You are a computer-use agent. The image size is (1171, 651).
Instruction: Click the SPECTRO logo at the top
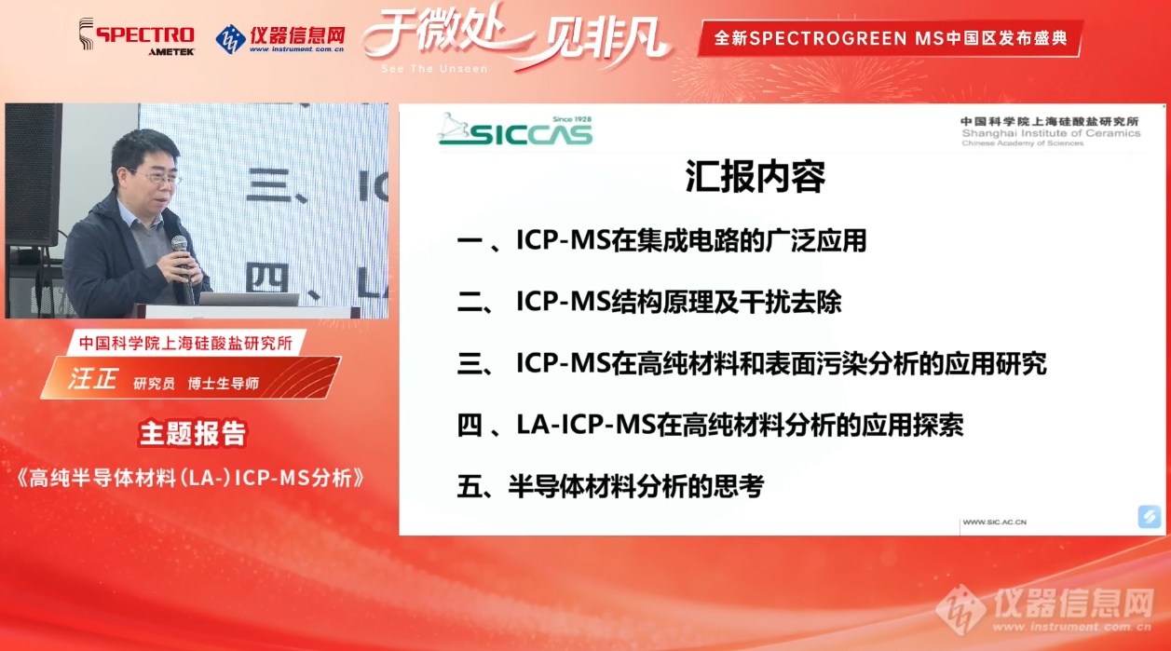pos(137,35)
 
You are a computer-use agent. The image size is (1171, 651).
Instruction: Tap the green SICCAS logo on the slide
pos(515,129)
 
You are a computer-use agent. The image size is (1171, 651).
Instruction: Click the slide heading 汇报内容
pos(755,177)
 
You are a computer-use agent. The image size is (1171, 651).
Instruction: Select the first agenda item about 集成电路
pos(661,241)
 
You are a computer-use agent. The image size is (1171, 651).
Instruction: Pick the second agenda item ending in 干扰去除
pos(649,302)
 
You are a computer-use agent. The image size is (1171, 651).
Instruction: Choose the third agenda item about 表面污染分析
pos(752,363)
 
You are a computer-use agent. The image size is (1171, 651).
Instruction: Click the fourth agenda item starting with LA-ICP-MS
pos(710,425)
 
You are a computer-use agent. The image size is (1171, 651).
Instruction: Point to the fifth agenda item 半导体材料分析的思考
pos(610,486)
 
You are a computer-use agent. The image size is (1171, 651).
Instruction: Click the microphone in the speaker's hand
pos(182,266)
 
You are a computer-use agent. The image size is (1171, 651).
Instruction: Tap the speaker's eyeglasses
pos(156,177)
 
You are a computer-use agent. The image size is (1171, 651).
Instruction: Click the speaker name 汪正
pos(92,378)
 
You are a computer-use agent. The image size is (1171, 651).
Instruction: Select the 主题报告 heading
pos(193,434)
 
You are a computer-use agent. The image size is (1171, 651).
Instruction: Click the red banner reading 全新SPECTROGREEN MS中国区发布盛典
pos(890,38)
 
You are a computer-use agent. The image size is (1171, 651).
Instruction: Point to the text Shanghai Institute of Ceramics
pos(1051,133)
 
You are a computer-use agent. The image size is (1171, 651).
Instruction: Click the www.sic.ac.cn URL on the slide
pos(994,522)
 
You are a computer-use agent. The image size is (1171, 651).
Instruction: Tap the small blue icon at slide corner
pos(1149,517)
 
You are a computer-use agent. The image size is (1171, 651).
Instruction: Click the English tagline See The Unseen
pos(434,68)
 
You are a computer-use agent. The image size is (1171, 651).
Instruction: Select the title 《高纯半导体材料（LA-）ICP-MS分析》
pos(191,478)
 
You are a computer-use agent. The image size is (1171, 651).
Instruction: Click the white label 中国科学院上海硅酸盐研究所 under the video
pos(185,344)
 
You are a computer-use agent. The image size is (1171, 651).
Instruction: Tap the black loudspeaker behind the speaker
pos(33,174)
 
